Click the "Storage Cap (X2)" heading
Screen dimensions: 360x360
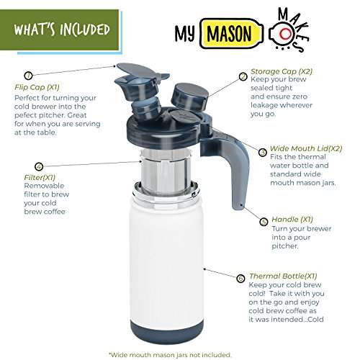(281, 73)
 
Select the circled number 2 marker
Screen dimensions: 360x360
(243, 73)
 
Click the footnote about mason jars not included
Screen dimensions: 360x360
(171, 354)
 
